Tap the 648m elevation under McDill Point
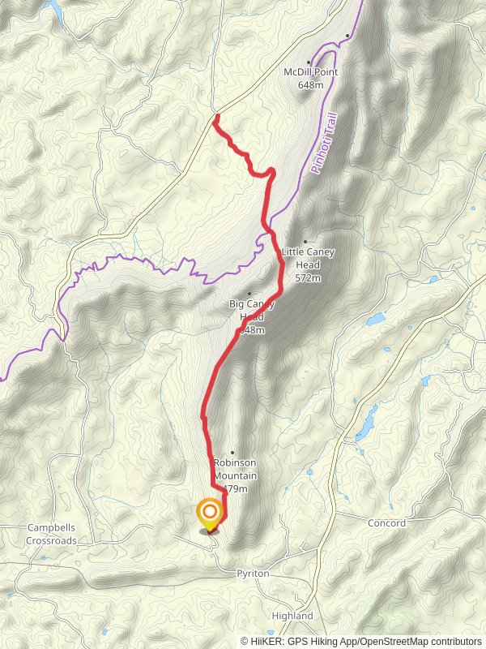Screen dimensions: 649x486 tap(310, 84)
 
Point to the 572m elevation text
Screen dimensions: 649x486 tap(308, 278)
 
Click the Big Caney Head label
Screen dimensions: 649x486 tap(252, 311)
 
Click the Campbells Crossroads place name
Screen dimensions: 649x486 tap(50, 534)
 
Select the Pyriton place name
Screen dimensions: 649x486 tap(253, 574)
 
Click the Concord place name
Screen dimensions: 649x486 tap(386, 523)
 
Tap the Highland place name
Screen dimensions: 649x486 tap(292, 617)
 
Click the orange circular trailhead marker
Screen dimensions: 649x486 tap(210, 513)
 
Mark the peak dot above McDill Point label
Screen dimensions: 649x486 tap(309, 62)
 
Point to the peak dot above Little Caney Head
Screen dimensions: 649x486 tap(305, 241)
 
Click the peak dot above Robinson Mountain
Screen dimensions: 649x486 tap(233, 452)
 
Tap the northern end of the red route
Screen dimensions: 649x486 tap(215, 118)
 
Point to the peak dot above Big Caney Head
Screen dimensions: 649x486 tap(249, 294)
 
